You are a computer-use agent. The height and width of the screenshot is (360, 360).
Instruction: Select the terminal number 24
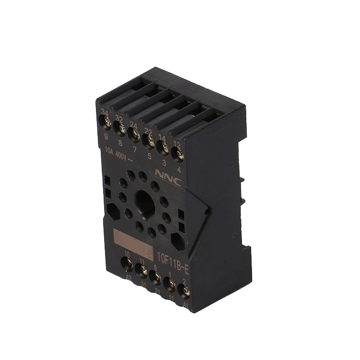click(x=133, y=125)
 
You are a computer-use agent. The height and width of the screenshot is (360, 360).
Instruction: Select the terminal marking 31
click(x=142, y=284)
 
